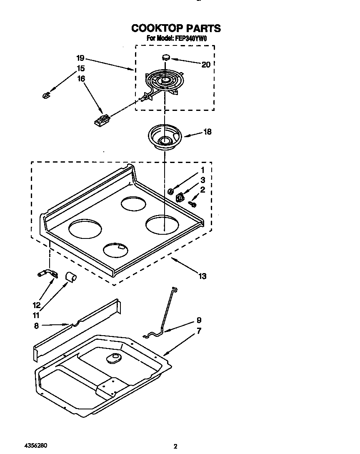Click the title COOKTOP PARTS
(x=176, y=28)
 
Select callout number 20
(x=205, y=65)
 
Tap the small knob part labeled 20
(x=166, y=57)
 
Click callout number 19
(x=81, y=58)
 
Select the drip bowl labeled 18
(x=165, y=138)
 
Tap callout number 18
(x=207, y=132)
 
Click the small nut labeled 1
(x=170, y=191)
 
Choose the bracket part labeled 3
(x=180, y=197)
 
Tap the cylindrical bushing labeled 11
(x=71, y=276)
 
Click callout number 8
(x=37, y=326)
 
